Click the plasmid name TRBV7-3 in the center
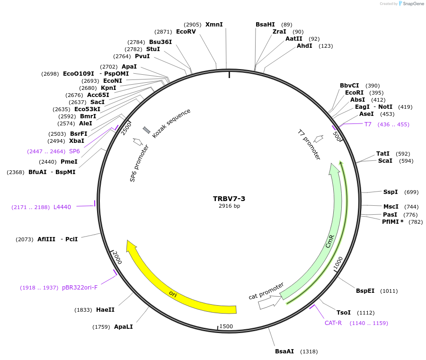[x=229, y=199]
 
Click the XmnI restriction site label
[x=214, y=25]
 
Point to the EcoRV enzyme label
[x=186, y=32]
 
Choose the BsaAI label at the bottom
[x=284, y=351]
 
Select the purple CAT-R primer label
[x=333, y=323]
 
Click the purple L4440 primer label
[x=62, y=207]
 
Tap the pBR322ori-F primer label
[x=80, y=287]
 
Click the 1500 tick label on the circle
[x=226, y=326]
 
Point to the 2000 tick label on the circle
[x=116, y=258]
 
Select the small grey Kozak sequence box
[x=147, y=130]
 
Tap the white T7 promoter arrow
[x=319, y=139]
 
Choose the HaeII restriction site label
[x=105, y=310]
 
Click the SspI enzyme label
[x=390, y=192]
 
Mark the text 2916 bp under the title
[x=229, y=206]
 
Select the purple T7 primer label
[x=368, y=124]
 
